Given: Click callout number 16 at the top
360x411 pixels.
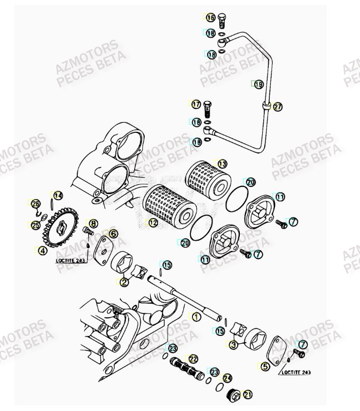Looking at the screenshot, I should point(210,18).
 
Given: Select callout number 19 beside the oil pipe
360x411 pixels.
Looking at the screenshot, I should point(258,85).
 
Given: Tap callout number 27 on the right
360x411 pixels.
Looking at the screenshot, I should point(278,106).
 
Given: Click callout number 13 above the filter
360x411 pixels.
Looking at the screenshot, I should point(222,164).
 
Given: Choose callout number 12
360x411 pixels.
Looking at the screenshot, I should point(152,222).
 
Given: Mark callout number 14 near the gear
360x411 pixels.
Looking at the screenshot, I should point(58,195).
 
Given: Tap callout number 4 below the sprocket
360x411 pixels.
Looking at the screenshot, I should point(42,251).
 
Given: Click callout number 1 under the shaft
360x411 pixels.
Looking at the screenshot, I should point(195,316).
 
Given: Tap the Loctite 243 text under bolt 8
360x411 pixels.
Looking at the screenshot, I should point(71,260).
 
